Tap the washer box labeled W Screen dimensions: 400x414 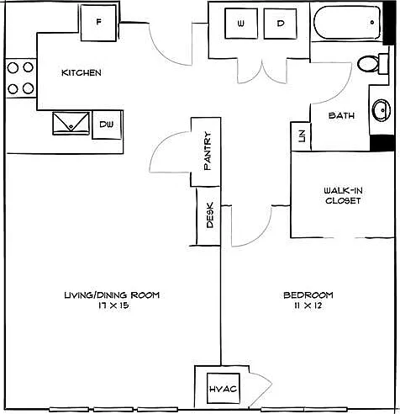[241, 24]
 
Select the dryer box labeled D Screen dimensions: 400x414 [280, 24]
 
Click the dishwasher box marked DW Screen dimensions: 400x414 [107, 125]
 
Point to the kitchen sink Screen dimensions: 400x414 [71, 124]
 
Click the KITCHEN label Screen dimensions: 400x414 [82, 73]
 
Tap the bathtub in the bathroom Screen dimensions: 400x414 [347, 24]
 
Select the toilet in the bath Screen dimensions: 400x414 [372, 64]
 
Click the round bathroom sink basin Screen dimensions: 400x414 [381, 109]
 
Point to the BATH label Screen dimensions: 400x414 [341, 115]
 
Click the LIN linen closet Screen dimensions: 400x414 [301, 136]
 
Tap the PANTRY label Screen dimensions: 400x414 [208, 151]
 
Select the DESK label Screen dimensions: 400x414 [210, 215]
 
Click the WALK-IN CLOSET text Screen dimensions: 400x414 [343, 196]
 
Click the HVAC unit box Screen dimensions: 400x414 [224, 389]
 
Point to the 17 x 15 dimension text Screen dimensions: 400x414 [113, 305]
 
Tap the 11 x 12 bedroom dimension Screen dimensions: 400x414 [308, 305]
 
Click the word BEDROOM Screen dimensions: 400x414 [308, 295]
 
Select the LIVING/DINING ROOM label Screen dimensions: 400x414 [112, 295]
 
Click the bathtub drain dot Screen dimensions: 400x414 [372, 22]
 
